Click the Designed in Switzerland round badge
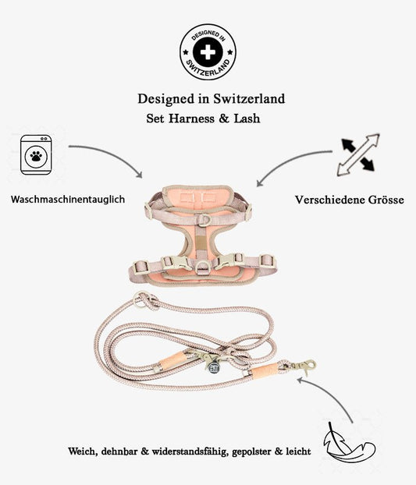click(x=208, y=54)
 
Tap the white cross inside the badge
click(x=208, y=53)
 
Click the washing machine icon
click(x=36, y=156)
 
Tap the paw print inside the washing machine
click(x=36, y=157)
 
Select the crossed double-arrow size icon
click(x=357, y=154)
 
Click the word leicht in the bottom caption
click(x=297, y=451)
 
